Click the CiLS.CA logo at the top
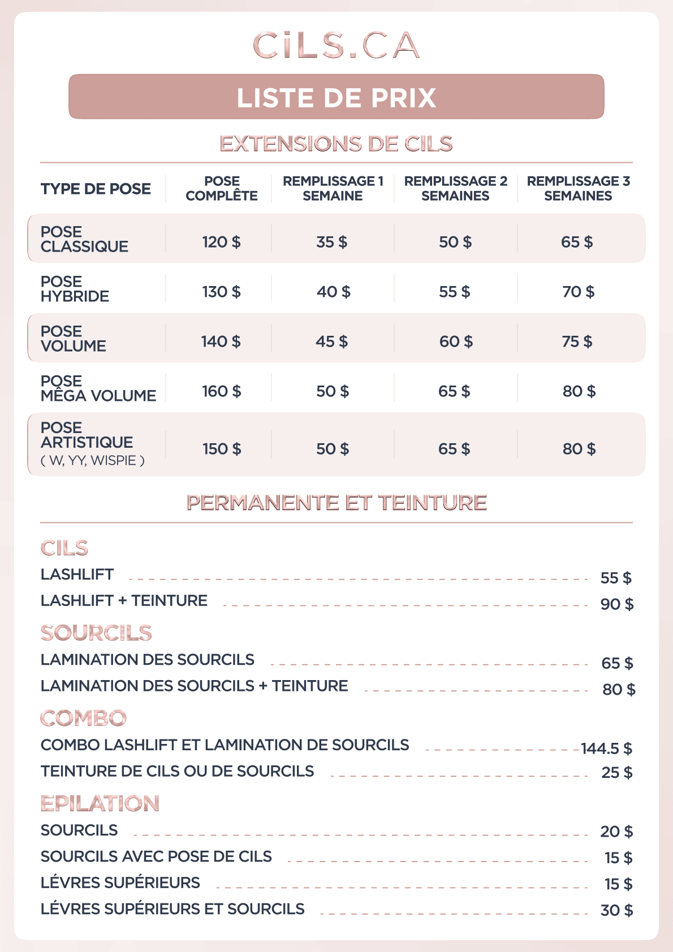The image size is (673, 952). (x=336, y=46)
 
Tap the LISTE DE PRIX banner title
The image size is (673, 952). (x=336, y=98)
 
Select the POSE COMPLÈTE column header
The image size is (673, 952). (x=222, y=188)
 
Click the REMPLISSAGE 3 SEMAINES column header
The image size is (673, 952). (x=578, y=188)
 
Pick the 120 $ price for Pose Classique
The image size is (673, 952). (x=221, y=242)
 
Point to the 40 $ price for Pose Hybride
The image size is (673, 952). (x=333, y=292)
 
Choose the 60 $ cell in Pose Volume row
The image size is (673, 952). (x=456, y=341)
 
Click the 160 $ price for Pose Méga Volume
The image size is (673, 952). (x=221, y=391)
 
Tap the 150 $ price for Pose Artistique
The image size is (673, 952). (x=222, y=449)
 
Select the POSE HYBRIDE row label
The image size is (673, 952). (x=75, y=289)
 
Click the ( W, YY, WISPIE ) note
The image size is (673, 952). (x=93, y=461)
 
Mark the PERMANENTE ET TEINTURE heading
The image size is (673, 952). (x=336, y=503)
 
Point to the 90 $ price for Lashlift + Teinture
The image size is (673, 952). (x=616, y=604)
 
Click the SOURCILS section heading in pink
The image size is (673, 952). (x=96, y=633)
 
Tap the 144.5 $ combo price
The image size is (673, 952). (x=606, y=748)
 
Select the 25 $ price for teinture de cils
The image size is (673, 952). (x=616, y=772)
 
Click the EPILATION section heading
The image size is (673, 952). (x=100, y=803)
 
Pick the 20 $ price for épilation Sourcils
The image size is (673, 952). (x=616, y=832)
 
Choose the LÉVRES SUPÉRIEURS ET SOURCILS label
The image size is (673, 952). (x=172, y=909)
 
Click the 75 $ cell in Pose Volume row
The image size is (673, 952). (x=577, y=341)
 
